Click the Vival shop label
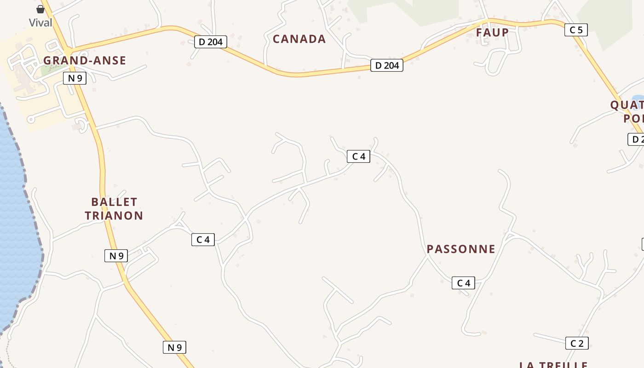click(x=40, y=23)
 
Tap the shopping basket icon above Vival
click(x=40, y=9)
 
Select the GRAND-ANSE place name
click(x=85, y=60)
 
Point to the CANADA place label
click(x=299, y=39)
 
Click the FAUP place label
click(x=492, y=33)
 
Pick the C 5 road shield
click(x=576, y=30)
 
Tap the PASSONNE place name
click(x=461, y=249)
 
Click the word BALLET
click(x=114, y=202)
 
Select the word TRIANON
click(x=114, y=215)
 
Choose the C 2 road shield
click(x=577, y=343)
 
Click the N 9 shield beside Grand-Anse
click(x=75, y=78)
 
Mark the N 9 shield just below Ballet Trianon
click(x=116, y=256)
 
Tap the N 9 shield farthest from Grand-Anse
click(x=174, y=347)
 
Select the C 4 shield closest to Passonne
click(x=463, y=283)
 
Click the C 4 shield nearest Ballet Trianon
click(x=203, y=239)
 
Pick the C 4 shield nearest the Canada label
click(x=358, y=156)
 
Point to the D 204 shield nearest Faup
click(x=387, y=65)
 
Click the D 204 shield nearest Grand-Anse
click(x=211, y=42)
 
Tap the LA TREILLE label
click(x=553, y=365)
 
